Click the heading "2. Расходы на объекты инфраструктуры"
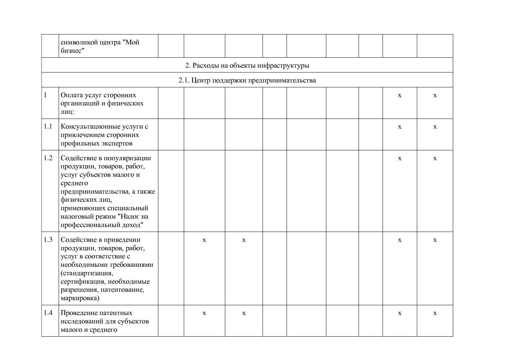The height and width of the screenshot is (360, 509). (x=247, y=65)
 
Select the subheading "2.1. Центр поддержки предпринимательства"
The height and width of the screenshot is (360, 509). (x=247, y=80)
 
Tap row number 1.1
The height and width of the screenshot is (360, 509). (x=48, y=127)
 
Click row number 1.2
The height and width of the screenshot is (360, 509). (x=48, y=158)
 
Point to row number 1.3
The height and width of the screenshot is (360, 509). (x=48, y=240)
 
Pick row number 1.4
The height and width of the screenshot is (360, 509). (x=48, y=313)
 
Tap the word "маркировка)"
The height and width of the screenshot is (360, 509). (x=80, y=298)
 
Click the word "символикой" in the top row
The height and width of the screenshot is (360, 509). (x=78, y=42)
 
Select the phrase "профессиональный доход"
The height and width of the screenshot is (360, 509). (x=102, y=225)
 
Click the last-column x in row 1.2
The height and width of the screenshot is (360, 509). (x=435, y=159)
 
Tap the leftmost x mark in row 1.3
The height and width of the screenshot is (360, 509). (x=204, y=240)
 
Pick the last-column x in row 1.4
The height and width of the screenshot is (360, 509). (x=435, y=313)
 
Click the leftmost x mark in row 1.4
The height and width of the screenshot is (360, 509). (x=204, y=313)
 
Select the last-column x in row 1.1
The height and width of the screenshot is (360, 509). (x=435, y=127)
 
